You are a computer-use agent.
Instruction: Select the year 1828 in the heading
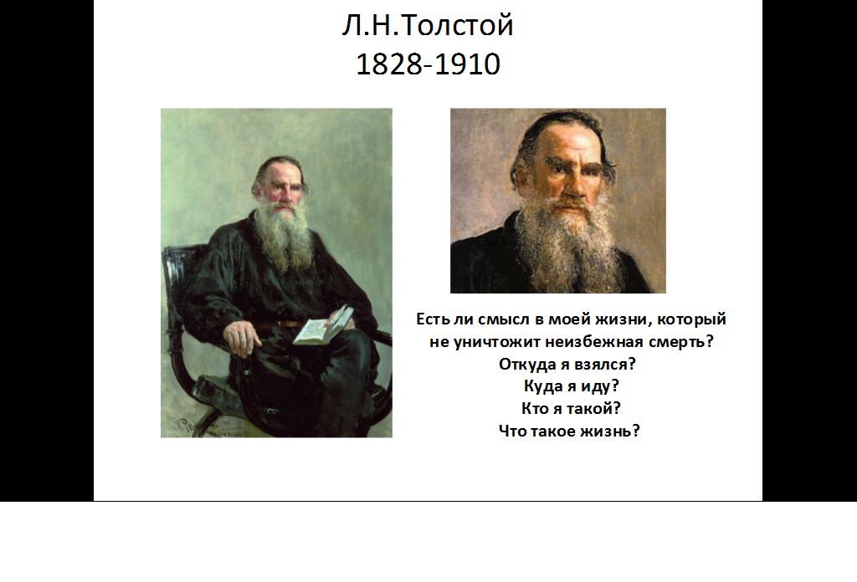coord(389,64)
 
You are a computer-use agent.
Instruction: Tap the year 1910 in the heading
coord(468,64)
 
